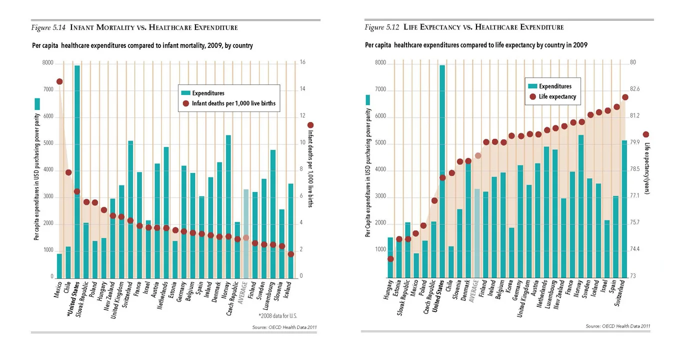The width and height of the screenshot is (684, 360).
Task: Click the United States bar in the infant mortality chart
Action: [77, 170]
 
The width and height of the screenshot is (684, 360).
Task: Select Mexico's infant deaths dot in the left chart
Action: [59, 81]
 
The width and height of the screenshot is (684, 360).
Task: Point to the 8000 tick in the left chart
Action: [47, 63]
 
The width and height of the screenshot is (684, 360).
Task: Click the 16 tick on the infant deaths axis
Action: [302, 63]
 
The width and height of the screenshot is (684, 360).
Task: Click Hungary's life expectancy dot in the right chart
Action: [390, 259]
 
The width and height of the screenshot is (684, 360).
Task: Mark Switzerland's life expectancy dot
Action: [625, 97]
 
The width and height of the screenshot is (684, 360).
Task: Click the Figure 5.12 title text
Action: [464, 27]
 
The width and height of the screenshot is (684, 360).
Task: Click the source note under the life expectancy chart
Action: [618, 326]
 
